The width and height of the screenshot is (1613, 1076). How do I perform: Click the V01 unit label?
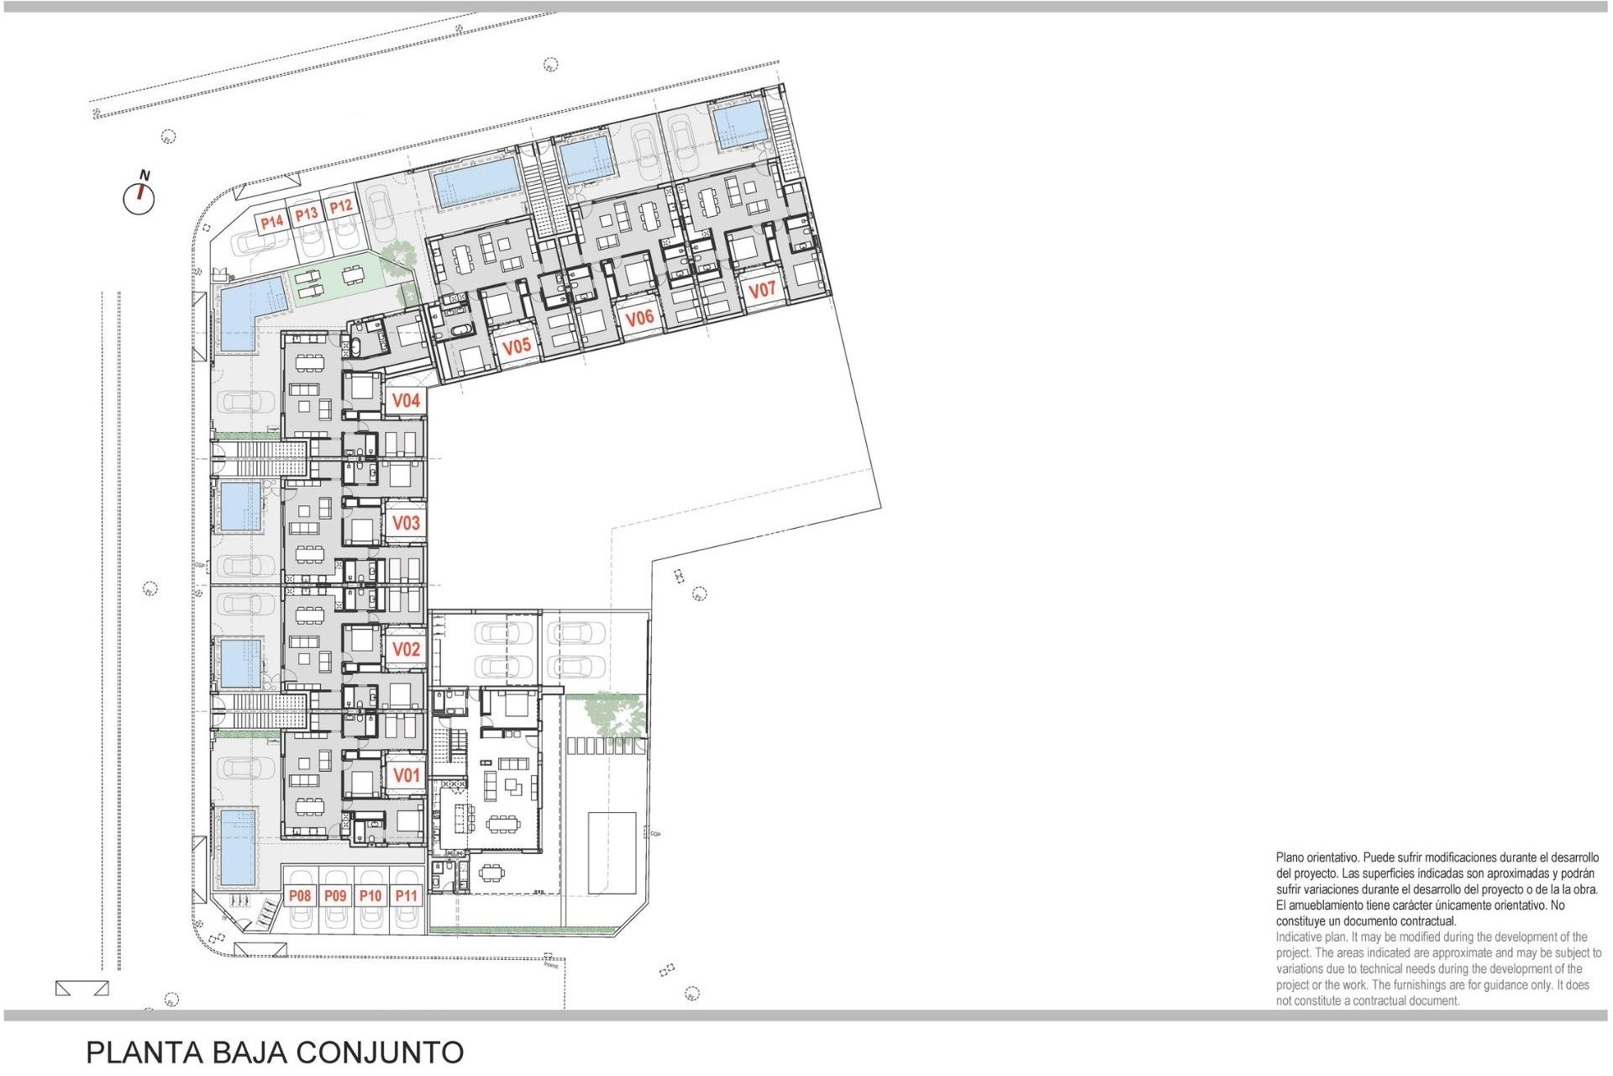click(406, 775)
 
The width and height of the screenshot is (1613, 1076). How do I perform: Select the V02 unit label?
click(406, 649)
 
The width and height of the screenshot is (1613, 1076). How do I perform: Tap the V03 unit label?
click(406, 523)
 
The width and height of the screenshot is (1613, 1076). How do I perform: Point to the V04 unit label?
click(406, 401)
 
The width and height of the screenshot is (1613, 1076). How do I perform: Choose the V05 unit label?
click(517, 345)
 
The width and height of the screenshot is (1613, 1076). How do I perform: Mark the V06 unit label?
click(639, 318)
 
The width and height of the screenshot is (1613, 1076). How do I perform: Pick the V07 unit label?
click(762, 290)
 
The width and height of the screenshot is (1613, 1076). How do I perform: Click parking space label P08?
click(300, 896)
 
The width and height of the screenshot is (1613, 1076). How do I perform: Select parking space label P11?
click(406, 896)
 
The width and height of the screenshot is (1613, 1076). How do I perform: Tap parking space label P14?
click(271, 222)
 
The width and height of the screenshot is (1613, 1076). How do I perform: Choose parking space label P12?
click(340, 207)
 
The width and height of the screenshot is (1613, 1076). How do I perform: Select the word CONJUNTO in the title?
click(380, 1052)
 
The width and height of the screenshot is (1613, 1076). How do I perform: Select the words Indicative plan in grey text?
click(1311, 937)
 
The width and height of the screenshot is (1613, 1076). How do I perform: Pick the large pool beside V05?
click(476, 182)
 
